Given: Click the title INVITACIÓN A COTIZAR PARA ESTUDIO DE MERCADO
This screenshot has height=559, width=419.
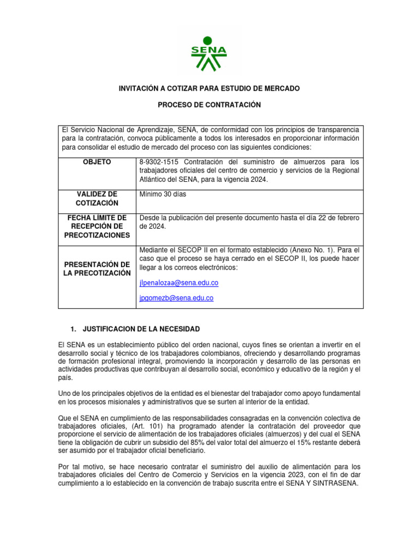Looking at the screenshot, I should tap(209, 88).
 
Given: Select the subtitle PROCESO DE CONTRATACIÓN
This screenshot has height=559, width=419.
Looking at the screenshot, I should tap(209, 104).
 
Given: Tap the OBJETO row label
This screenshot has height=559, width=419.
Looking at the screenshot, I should tap(96, 162).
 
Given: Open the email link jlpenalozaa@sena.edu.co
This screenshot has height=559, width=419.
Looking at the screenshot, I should tap(179, 283).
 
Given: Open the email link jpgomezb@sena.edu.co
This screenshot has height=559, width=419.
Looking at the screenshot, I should tap(176, 298).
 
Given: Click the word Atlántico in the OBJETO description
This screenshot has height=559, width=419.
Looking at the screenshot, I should tap(155, 180).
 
